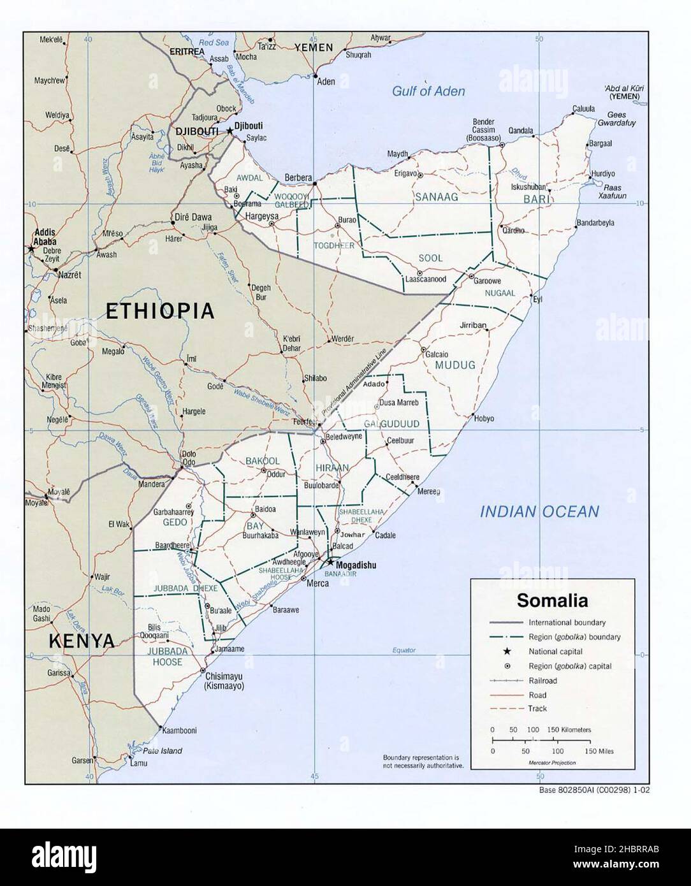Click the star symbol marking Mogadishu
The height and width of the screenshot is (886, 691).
click(x=330, y=562)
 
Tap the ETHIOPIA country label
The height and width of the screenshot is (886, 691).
click(x=159, y=311)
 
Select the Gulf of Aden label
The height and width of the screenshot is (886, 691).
click(x=428, y=91)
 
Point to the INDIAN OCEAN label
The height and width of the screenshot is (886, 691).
click(x=539, y=511)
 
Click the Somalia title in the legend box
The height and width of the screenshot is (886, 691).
click(x=552, y=600)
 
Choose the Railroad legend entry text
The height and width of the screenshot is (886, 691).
click(x=542, y=681)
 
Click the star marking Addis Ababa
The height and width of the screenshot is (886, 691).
click(x=31, y=249)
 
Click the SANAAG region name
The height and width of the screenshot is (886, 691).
click(x=437, y=198)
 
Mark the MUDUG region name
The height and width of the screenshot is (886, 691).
click(x=455, y=365)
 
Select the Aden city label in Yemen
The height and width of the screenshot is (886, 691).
click(x=326, y=82)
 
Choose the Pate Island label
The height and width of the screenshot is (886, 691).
click(x=162, y=751)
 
